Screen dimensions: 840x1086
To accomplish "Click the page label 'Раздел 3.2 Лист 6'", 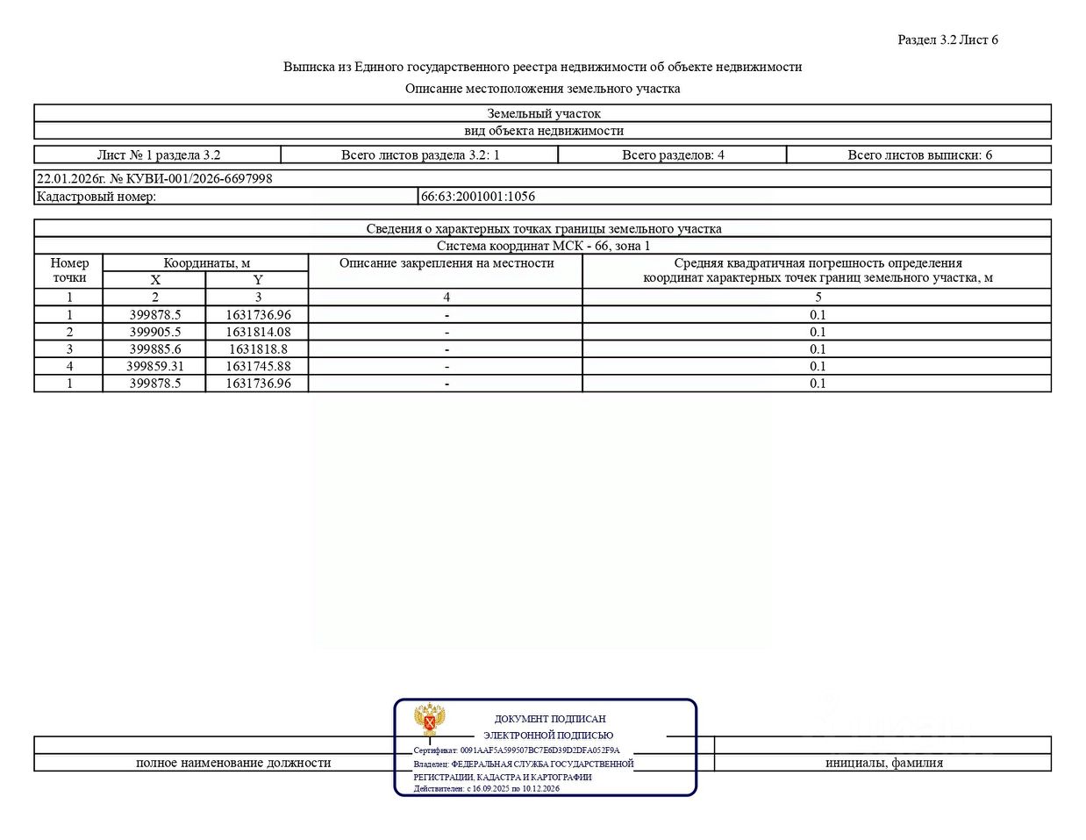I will [947, 39].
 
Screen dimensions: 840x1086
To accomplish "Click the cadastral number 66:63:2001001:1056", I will [478, 197].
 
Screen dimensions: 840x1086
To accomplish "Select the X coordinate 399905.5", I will [155, 332].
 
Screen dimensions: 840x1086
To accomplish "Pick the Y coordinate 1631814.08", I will [258, 332].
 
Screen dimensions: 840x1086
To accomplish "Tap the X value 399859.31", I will [155, 366].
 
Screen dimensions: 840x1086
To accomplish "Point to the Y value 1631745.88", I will [258, 366].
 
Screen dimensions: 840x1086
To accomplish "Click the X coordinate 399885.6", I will [155, 349].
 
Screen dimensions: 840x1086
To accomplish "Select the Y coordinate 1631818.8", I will [258, 349].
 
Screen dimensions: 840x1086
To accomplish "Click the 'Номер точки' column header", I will [69, 270].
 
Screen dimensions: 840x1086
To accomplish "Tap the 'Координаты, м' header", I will [206, 263].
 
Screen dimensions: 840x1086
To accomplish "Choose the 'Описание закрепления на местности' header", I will [447, 263].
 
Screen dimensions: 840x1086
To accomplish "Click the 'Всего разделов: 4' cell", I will [673, 155].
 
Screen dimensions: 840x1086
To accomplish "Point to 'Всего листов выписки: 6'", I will [919, 155].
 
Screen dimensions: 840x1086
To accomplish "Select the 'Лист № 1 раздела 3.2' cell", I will [159, 155].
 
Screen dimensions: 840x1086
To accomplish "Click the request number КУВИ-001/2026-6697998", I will [191, 178].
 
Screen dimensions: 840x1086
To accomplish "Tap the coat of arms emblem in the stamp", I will [429, 720].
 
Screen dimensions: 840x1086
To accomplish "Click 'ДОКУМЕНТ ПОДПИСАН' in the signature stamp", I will [550, 719].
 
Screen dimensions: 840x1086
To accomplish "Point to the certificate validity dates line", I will [487, 788].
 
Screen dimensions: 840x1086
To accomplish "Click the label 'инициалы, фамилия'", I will [883, 763].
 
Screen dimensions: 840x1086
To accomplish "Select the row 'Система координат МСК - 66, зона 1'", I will [543, 246].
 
